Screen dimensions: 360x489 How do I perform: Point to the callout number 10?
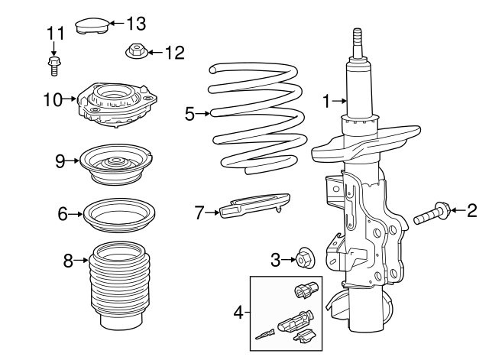coord(52,99)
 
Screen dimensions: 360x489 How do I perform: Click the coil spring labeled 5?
coord(254,118)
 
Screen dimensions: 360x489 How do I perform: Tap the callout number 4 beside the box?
coord(238,313)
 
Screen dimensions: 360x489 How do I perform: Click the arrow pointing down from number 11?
coord(54,47)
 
